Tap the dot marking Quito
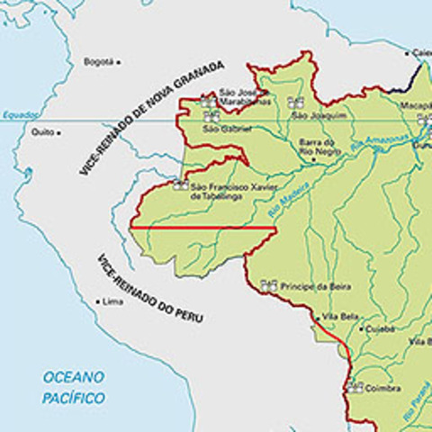pos(59,132)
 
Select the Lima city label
pos(112,301)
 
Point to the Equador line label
pos(20,115)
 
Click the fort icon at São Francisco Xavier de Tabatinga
pos(179,185)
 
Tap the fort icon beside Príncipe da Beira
pos(268,285)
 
